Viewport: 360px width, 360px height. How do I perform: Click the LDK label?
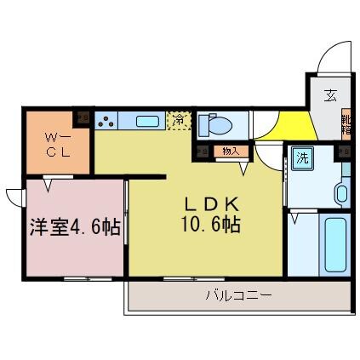click(x=213, y=205)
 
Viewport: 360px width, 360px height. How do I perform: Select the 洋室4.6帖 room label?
click(x=75, y=229)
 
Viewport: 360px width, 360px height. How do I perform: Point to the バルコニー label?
click(x=237, y=297)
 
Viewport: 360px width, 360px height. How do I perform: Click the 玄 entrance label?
click(x=329, y=96)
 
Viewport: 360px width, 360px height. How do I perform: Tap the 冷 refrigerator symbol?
click(x=179, y=121)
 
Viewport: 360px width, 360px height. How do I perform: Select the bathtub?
click(x=334, y=244)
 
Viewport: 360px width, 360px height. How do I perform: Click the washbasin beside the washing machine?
click(x=341, y=193)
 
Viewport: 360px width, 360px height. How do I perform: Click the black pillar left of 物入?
click(x=202, y=151)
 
